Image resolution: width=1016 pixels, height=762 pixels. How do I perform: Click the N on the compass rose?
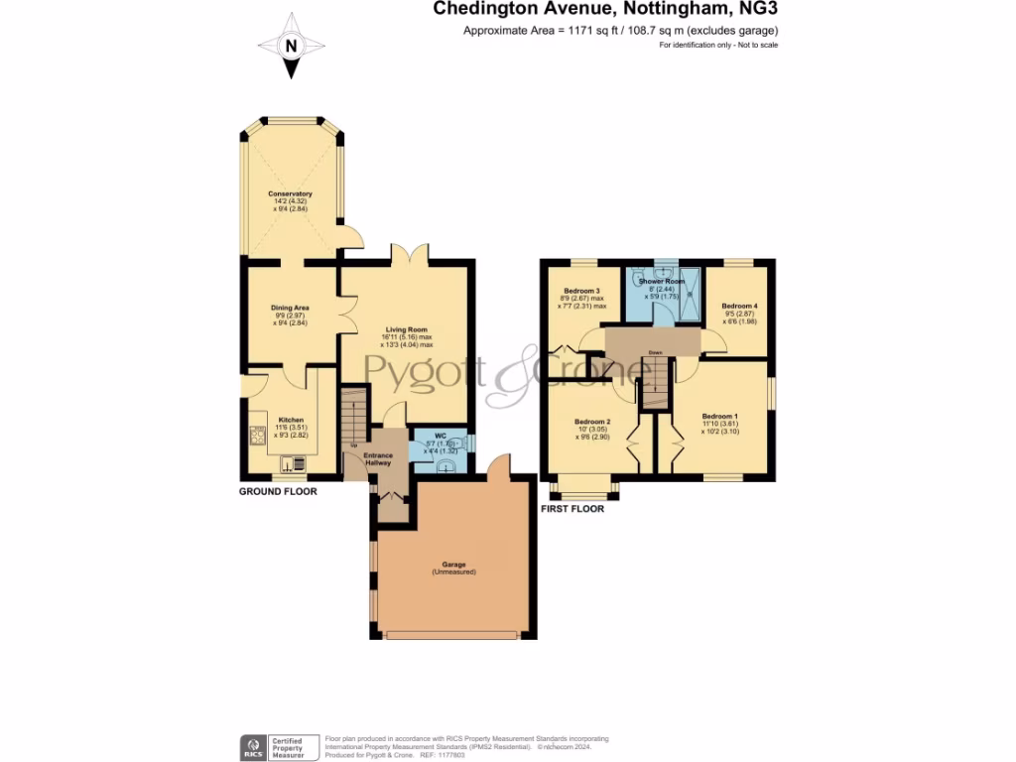pyautogui.click(x=291, y=46)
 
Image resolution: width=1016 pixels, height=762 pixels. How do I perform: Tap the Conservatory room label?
pyautogui.click(x=290, y=193)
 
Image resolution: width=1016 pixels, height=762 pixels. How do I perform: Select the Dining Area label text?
pyautogui.click(x=290, y=308)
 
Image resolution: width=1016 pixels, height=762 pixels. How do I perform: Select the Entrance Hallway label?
pyautogui.click(x=378, y=459)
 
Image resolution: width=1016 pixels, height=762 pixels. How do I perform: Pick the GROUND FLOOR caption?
pyautogui.click(x=278, y=491)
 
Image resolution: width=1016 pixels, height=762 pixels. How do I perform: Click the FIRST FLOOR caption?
pyautogui.click(x=571, y=509)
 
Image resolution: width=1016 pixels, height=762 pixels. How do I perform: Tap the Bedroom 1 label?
pyautogui.click(x=719, y=416)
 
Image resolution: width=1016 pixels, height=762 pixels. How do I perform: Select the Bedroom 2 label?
pyautogui.click(x=592, y=422)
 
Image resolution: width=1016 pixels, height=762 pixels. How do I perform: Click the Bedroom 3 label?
pyautogui.click(x=583, y=291)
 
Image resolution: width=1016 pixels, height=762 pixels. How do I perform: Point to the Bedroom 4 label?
pyautogui.click(x=739, y=306)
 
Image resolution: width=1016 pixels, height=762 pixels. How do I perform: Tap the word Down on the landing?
pyautogui.click(x=655, y=352)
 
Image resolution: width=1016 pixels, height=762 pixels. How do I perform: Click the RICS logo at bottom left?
pyautogui.click(x=253, y=746)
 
